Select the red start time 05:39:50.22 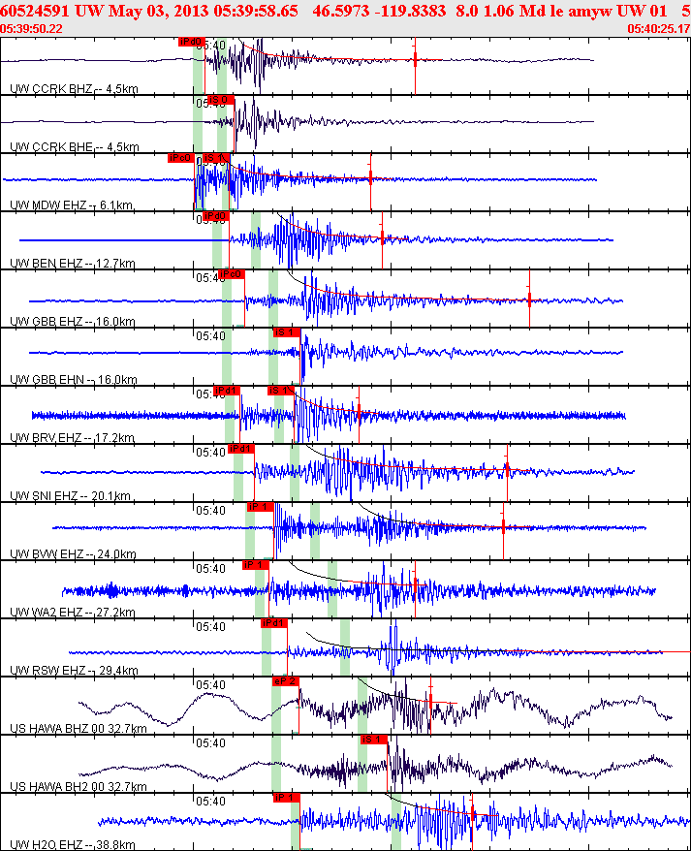[x=33, y=28]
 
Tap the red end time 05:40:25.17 [x=658, y=28]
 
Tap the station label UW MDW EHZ [x=49, y=205]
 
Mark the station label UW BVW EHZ [x=49, y=554]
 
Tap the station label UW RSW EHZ [x=49, y=671]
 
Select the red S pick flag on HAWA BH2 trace [x=373, y=739]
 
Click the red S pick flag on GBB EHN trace [x=285, y=331]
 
